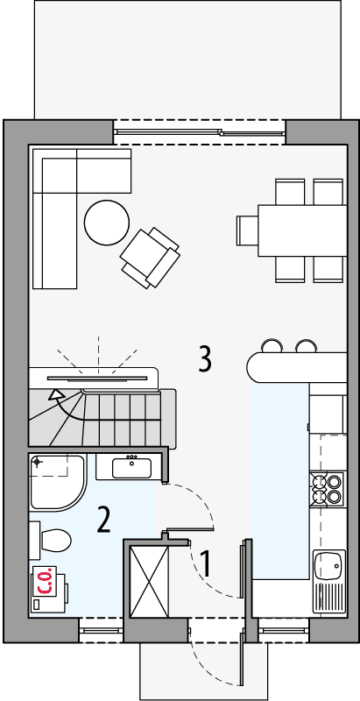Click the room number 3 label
[204, 358]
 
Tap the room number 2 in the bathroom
[103, 520]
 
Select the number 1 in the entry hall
[206, 563]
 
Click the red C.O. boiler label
[45, 583]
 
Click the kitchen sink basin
[331, 564]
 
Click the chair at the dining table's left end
[246, 230]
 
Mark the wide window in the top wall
[200, 131]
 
